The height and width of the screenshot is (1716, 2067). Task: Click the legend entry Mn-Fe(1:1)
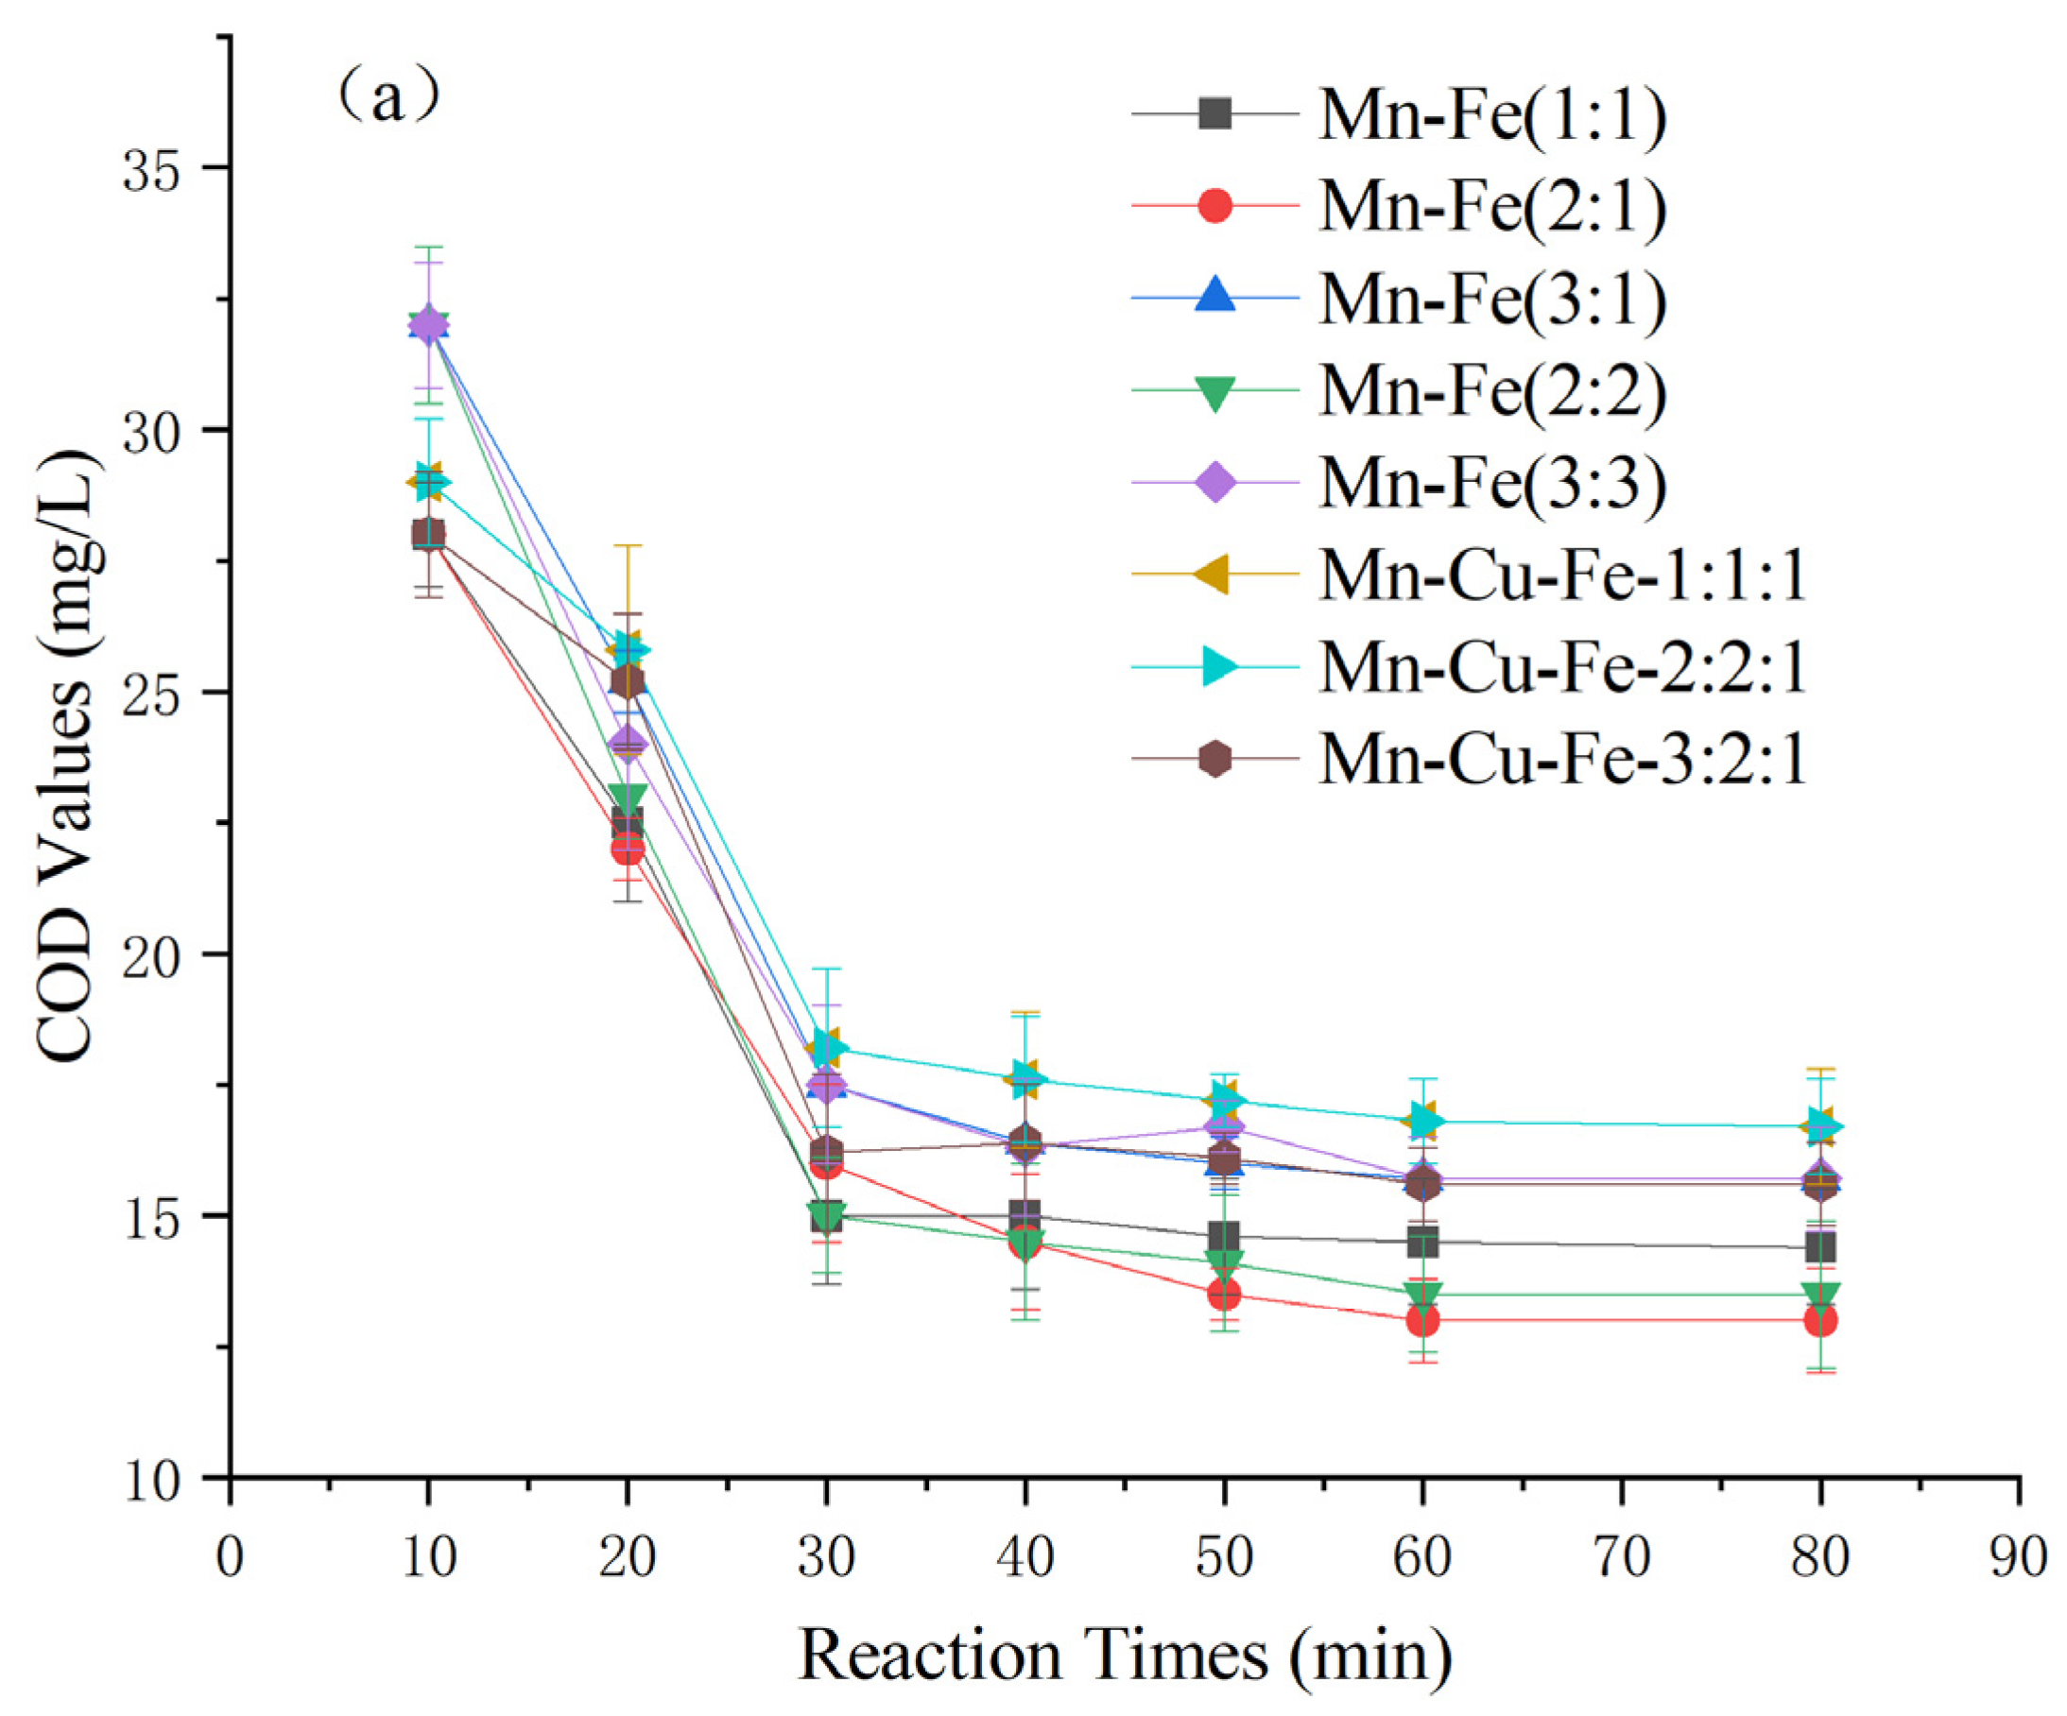(x=1491, y=115)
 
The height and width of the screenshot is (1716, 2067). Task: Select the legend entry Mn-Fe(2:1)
(x=1491, y=207)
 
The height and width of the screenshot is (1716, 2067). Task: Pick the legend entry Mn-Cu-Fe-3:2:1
(x=1562, y=760)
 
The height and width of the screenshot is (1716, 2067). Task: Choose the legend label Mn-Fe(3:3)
(x=1491, y=483)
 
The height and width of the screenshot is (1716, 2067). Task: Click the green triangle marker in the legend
(x=1215, y=392)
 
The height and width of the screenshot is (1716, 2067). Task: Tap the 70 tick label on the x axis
(x=1621, y=1557)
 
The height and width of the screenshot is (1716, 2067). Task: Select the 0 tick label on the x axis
(x=231, y=1557)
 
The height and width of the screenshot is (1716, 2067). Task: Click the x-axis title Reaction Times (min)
(x=1124, y=1655)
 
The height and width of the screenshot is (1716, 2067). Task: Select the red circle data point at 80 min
(x=1820, y=1320)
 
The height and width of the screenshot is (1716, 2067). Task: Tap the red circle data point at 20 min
(x=628, y=849)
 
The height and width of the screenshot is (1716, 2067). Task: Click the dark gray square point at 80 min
(x=1820, y=1248)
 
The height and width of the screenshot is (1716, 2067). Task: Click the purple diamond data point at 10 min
(x=428, y=325)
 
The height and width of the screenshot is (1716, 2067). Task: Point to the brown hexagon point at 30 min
(x=827, y=1151)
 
